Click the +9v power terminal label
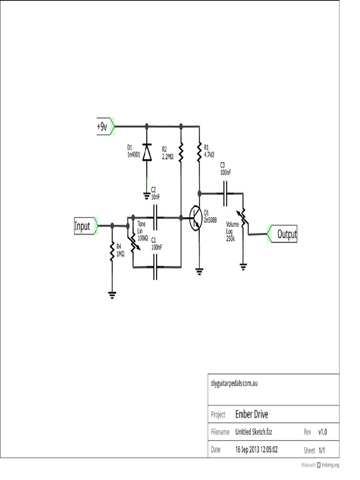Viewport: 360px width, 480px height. point(102,127)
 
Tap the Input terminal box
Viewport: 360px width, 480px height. point(82,226)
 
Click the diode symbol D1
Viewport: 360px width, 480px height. point(147,152)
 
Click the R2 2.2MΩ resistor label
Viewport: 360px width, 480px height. point(167,153)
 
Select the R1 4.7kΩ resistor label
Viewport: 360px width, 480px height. point(209,150)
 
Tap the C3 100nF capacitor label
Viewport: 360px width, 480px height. point(225,169)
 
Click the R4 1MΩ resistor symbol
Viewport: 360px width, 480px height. point(112,252)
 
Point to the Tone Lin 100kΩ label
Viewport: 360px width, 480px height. point(142,231)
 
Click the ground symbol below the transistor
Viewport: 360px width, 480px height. point(199,270)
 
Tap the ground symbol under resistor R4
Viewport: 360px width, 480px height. point(112,295)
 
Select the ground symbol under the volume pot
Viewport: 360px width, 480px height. point(243,267)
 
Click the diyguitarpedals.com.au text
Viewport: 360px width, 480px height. point(234,383)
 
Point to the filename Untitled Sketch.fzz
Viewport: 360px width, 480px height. point(254,432)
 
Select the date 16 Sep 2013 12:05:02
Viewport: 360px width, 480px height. point(256,450)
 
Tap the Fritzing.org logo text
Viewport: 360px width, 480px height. point(330,465)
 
